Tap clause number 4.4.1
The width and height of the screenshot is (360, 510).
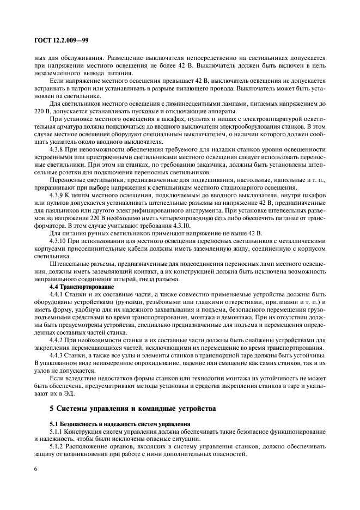click(58, 293)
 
